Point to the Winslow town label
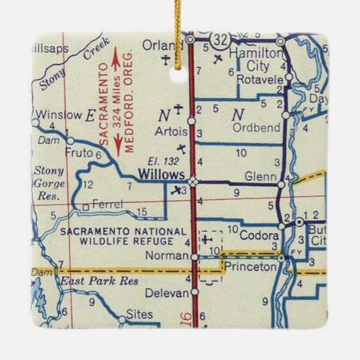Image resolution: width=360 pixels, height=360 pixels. point(58,115)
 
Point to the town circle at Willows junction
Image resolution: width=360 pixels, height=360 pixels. point(192,181)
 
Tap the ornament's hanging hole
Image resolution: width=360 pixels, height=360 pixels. point(178,74)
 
